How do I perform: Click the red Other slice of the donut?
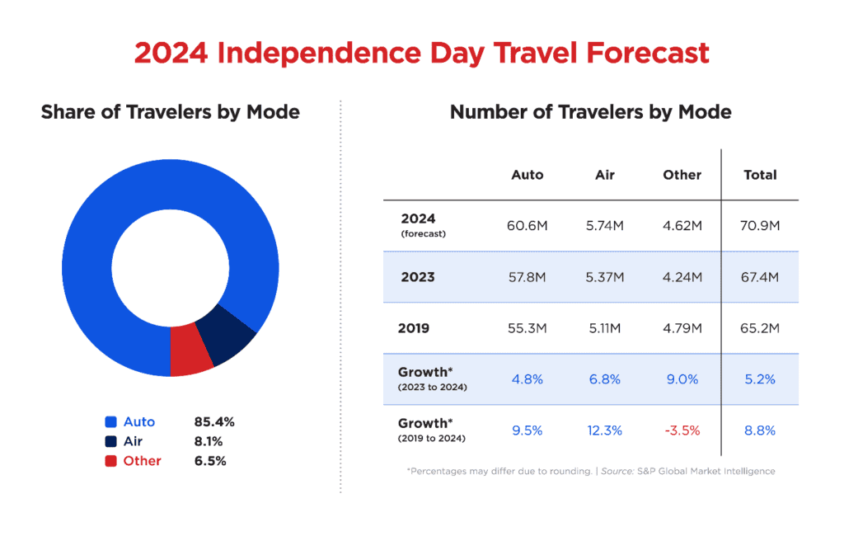click(x=191, y=350)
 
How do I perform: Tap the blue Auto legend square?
click(x=110, y=421)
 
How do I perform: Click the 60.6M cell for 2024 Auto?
click(x=527, y=226)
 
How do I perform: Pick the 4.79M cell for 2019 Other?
click(x=682, y=328)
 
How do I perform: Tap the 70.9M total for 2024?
click(x=760, y=226)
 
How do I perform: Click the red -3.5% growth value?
click(x=682, y=430)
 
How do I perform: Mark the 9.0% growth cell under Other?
click(x=682, y=379)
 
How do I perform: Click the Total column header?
click(x=760, y=175)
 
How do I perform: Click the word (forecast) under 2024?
click(x=423, y=234)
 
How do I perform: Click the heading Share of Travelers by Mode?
click(x=171, y=111)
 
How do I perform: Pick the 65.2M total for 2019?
click(x=760, y=328)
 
